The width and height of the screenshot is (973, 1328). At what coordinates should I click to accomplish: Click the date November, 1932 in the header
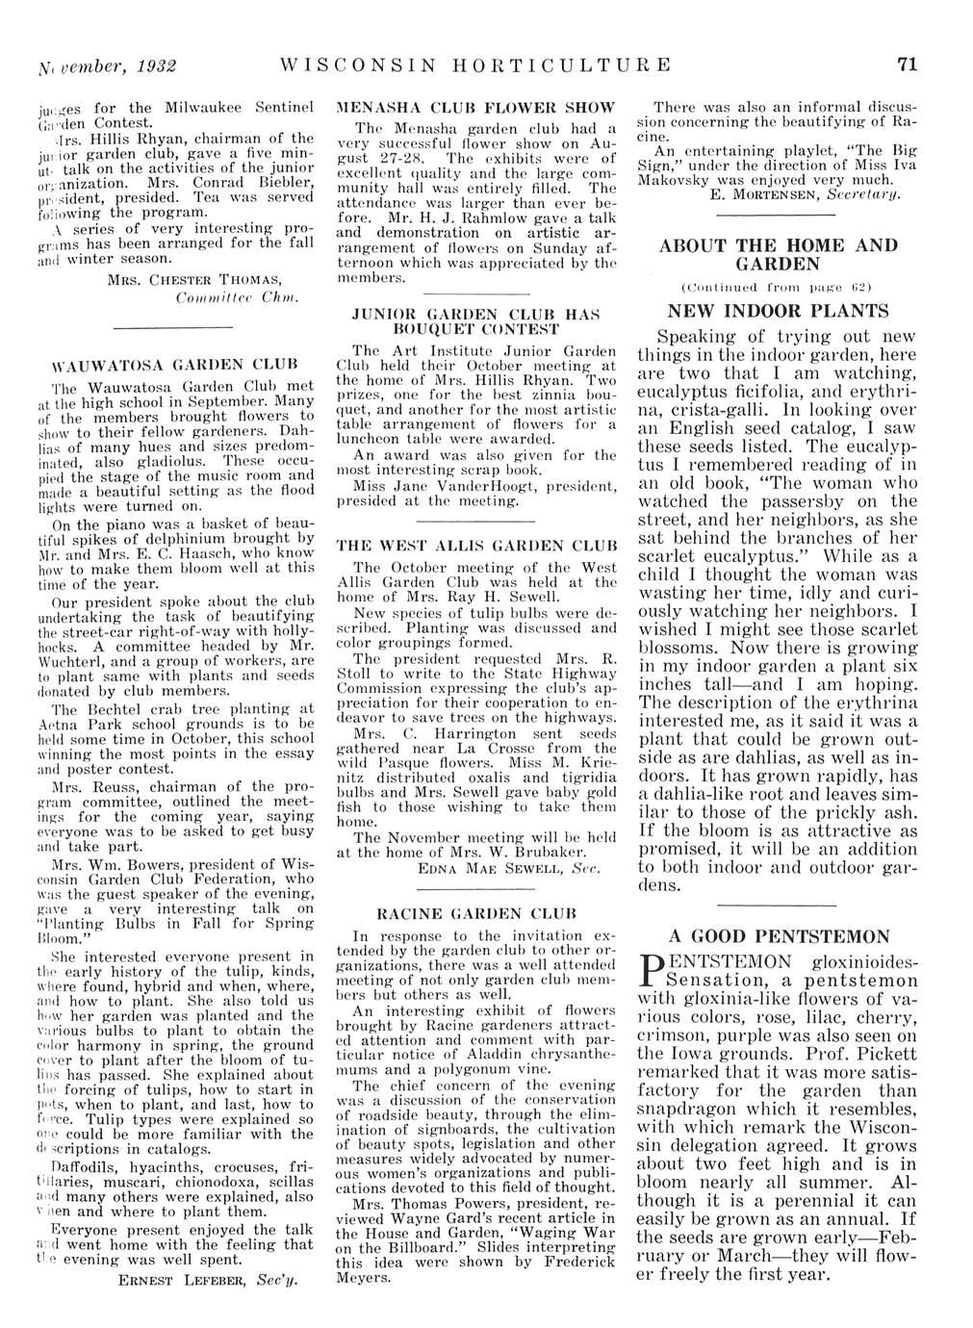114,66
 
